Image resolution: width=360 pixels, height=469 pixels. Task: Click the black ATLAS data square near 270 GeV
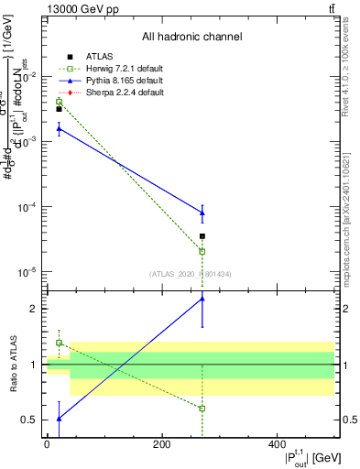[x=202, y=236]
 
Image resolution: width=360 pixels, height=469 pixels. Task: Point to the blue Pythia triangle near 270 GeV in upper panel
[x=202, y=213]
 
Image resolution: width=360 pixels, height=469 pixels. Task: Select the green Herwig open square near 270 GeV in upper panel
[x=202, y=251]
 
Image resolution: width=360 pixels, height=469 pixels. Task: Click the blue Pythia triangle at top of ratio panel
[x=202, y=299]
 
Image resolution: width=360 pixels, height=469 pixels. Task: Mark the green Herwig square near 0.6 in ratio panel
[x=202, y=409]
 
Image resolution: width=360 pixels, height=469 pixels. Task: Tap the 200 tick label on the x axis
[x=161, y=445]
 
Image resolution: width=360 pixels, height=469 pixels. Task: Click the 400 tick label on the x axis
[x=277, y=445]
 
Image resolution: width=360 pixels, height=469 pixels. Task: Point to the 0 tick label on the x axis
[x=47, y=445]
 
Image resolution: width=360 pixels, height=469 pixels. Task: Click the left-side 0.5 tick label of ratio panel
[x=32, y=420]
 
